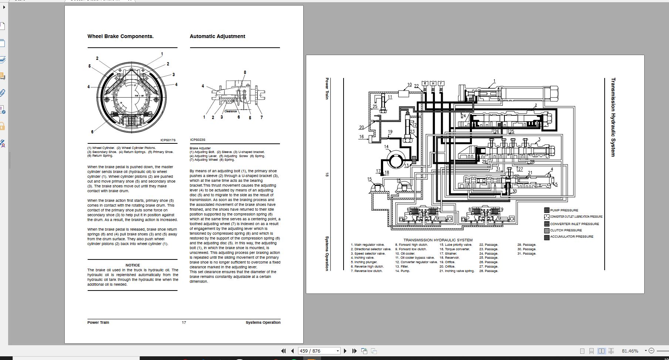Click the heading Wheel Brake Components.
point(120,36)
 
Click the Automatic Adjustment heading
point(217,36)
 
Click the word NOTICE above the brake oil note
point(132,265)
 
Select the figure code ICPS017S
point(168,140)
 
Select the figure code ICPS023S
point(197,140)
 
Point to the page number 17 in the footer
point(184,322)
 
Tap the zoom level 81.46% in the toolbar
point(630,351)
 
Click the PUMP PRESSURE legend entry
point(564,210)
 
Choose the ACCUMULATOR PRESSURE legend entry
point(571,237)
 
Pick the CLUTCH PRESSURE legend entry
point(565,230)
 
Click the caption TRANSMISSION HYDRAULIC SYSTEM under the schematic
point(438,240)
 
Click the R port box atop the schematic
point(425,84)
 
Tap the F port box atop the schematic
point(441,84)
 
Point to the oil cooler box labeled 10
point(403,93)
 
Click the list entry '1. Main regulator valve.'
point(368,245)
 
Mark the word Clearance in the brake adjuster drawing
point(230,111)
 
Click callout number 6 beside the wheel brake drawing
point(92,132)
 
